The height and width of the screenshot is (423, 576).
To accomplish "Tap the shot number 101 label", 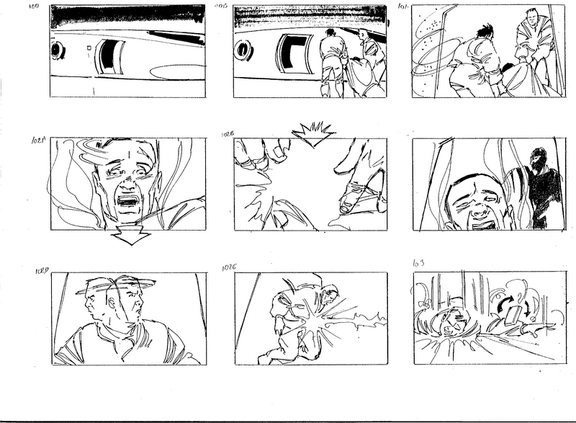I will [x=403, y=6].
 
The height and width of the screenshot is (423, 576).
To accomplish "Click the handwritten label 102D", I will [x=41, y=271].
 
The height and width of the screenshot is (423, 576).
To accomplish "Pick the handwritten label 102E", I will [x=230, y=268].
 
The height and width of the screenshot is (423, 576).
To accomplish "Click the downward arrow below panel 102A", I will [x=132, y=236].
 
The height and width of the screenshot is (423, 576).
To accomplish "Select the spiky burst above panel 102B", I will [x=312, y=134].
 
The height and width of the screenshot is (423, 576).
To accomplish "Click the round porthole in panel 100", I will [x=58, y=50].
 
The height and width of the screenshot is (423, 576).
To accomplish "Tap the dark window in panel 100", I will [x=109, y=57].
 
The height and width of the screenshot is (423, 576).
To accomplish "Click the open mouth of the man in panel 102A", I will [x=129, y=200].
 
